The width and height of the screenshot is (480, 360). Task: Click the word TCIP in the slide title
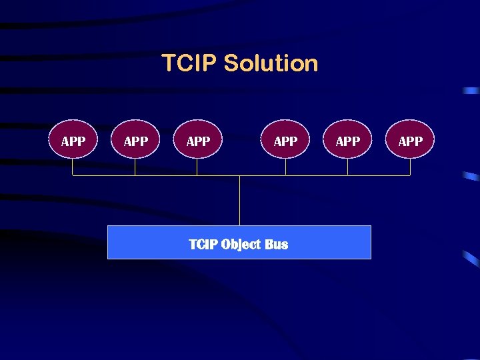point(190,64)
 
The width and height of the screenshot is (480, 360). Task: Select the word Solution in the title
point(271,64)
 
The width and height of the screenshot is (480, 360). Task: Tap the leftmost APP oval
point(73,139)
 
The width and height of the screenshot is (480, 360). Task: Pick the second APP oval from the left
point(135,139)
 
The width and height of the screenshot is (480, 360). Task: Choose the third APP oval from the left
point(197,139)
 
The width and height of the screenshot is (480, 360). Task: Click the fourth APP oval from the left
point(285,139)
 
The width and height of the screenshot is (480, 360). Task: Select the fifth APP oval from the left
point(347,139)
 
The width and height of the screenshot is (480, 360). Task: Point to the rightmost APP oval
point(410,139)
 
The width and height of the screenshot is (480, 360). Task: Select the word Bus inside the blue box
point(276,244)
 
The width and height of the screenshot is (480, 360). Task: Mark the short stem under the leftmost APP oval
point(73,167)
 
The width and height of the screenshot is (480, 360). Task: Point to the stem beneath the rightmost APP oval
point(410,167)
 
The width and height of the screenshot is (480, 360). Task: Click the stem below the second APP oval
point(135,167)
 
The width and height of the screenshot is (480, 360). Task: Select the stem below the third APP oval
point(197,167)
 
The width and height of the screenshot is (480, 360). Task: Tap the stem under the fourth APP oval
point(285,167)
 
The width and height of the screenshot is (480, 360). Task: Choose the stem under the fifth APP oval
point(347,167)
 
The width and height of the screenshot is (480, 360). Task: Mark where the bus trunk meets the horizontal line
point(239,176)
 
